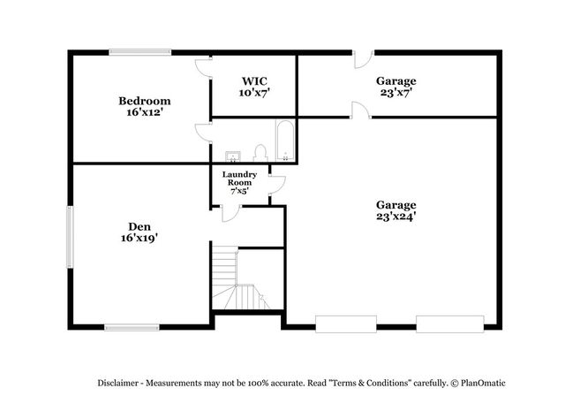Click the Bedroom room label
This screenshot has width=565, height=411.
coord(145,101)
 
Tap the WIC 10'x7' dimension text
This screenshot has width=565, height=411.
coord(254,93)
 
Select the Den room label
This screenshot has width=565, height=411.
coord(139,226)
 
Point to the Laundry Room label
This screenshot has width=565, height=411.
coord(239,179)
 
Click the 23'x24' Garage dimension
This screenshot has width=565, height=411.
coord(396,217)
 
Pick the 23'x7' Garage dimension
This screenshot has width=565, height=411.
coord(396,93)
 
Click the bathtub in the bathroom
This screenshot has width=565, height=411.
coord(285,141)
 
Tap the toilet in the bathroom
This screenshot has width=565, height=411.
coord(260,153)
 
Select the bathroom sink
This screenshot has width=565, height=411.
coord(233,156)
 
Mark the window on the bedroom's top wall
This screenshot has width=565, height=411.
coord(140,52)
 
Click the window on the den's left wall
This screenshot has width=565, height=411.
coord(71,237)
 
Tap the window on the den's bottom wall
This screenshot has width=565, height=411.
coord(132,327)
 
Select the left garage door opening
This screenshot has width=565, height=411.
coord(346,323)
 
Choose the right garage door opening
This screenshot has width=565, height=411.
coord(450,323)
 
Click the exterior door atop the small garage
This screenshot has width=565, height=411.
coord(363,59)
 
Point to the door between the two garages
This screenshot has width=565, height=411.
coord(361,110)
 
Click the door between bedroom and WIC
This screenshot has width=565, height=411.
coord(204,68)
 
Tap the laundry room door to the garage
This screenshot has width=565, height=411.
coord(277,185)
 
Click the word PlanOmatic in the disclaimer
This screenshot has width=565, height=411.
coord(483,383)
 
